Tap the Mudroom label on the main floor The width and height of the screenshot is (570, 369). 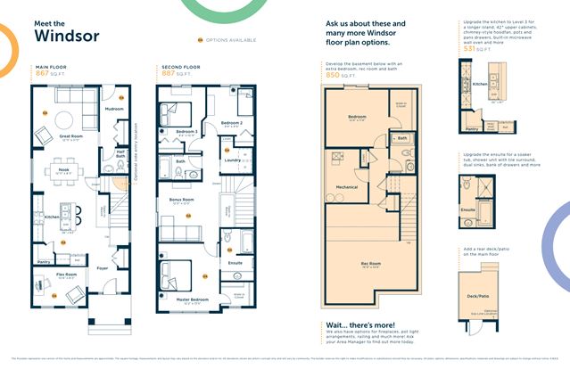click(x=114, y=109)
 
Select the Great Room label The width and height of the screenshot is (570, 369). click(x=71, y=135)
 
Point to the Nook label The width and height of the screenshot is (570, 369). click(x=65, y=168)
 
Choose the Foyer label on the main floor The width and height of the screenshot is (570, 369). click(x=103, y=266)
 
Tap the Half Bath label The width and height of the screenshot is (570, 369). click(x=120, y=153)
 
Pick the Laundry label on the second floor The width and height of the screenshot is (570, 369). click(x=231, y=160)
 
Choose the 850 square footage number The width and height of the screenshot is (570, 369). click(x=335, y=76)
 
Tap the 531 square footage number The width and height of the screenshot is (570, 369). click(x=469, y=49)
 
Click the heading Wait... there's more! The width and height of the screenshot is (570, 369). click(x=359, y=326)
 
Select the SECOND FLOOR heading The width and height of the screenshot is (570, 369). click(x=181, y=67)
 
